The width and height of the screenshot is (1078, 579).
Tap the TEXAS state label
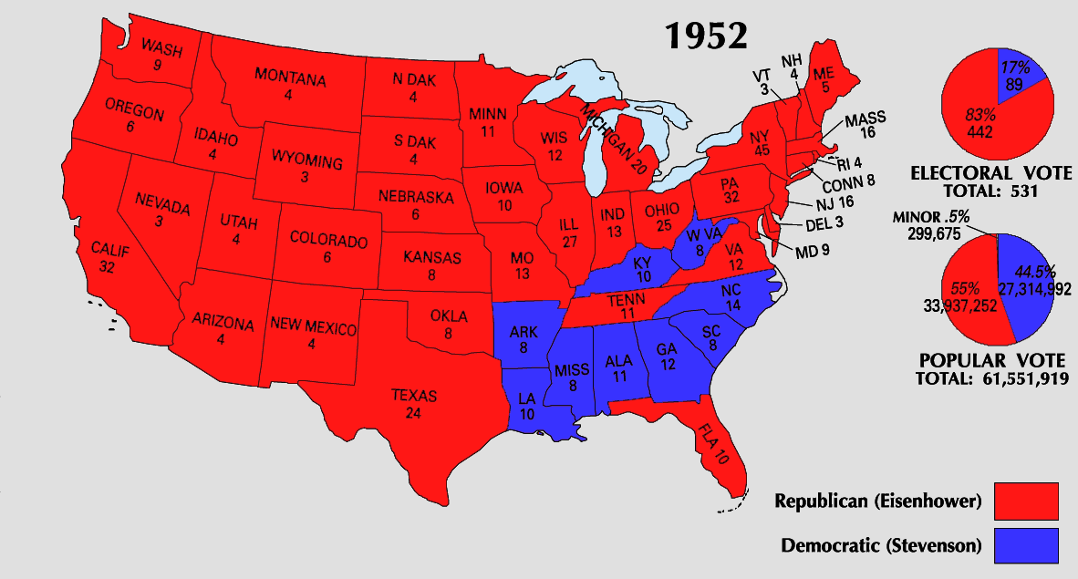tap(414, 397)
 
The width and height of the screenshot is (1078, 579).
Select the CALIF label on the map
tap(110, 249)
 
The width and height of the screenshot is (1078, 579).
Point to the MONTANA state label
tap(289, 79)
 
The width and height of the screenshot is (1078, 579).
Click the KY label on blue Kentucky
tap(642, 264)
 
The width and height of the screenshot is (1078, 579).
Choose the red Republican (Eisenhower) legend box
tap(1026, 501)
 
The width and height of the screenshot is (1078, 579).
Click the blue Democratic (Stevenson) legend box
tap(1026, 546)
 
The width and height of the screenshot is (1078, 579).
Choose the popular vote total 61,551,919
tap(1020, 377)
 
